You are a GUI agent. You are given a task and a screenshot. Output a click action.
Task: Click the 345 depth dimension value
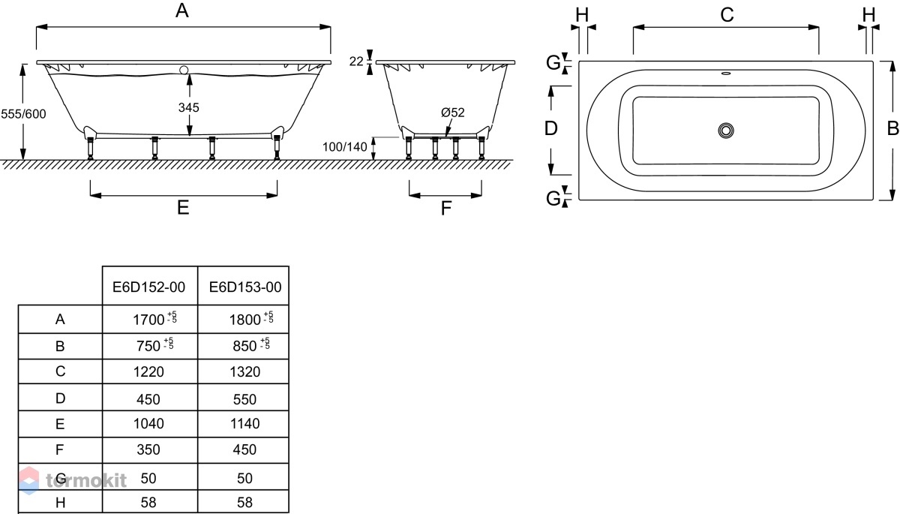(188, 107)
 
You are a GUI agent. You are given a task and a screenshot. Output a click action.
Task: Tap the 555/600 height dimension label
(23, 114)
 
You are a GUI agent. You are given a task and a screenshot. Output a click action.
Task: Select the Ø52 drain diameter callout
(452, 113)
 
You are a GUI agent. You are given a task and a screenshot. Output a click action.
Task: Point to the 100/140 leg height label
(345, 146)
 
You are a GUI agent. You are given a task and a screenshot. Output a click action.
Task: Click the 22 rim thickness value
(356, 62)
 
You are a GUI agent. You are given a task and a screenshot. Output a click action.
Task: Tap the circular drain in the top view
(726, 131)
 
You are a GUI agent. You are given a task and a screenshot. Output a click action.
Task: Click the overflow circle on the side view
(184, 71)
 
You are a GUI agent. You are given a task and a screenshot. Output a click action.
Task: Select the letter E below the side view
(183, 208)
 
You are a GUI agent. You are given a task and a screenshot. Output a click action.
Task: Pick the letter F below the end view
(445, 208)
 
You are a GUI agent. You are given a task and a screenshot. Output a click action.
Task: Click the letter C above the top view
(727, 15)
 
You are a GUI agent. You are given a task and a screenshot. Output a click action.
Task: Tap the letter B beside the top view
(892, 128)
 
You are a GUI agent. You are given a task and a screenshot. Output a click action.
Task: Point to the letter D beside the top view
(550, 128)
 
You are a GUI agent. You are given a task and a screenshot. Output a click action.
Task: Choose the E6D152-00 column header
(148, 287)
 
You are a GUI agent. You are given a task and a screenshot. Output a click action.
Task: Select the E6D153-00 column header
(245, 287)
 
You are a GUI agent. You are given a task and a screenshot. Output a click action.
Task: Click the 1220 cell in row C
(148, 371)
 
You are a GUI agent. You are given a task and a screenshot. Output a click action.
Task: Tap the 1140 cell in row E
(244, 423)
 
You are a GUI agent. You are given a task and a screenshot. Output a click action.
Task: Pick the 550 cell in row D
(244, 399)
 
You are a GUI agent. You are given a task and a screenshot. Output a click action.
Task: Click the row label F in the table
(59, 449)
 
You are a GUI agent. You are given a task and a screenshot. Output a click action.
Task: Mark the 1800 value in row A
(244, 320)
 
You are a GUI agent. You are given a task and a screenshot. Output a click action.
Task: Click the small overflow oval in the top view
(726, 74)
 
